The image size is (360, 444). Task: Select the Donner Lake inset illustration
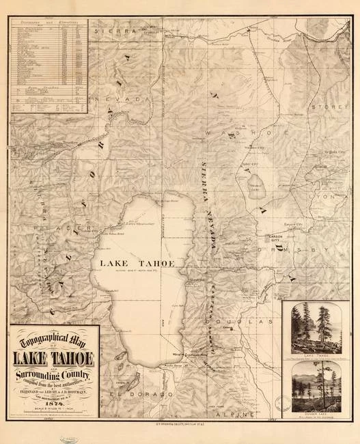(315, 387)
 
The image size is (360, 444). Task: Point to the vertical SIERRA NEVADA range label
(209, 205)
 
